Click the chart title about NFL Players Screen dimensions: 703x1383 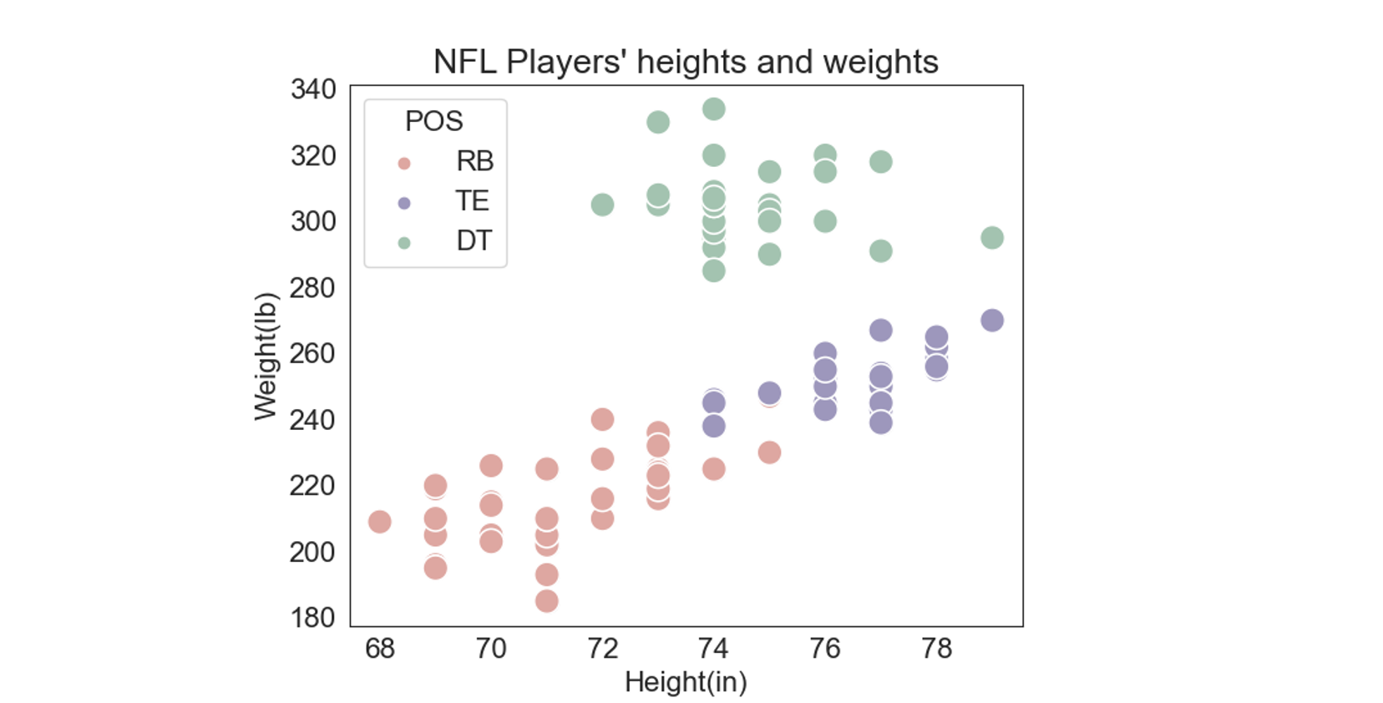[x=686, y=62]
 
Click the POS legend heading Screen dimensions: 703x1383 [x=433, y=121]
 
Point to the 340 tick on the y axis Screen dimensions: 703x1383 [x=313, y=89]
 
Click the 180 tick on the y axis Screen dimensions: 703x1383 [x=313, y=618]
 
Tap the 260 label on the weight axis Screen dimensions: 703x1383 [x=313, y=353]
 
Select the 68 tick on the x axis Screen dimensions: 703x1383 [x=380, y=649]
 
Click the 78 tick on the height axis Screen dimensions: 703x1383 [x=936, y=649]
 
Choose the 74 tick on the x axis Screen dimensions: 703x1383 [x=713, y=649]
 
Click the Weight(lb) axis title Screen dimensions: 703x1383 [x=266, y=357]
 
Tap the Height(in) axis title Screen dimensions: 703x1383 [x=686, y=682]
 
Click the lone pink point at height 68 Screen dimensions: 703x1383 [x=380, y=522]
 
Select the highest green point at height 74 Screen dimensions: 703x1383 [x=713, y=109]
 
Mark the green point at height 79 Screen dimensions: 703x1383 [x=992, y=238]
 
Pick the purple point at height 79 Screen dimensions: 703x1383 [x=992, y=321]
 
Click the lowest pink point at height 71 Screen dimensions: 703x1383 [x=546, y=601]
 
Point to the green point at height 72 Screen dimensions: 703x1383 [x=602, y=205]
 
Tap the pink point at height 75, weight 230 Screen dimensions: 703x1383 [x=769, y=453]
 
